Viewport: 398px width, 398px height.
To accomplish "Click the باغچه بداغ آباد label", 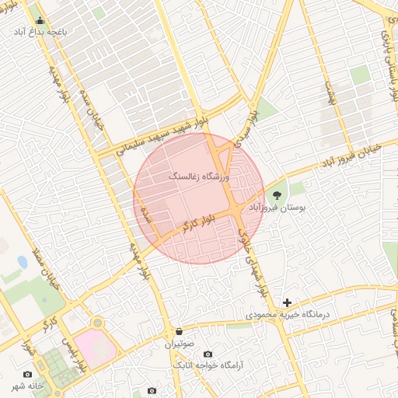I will coord(40,33).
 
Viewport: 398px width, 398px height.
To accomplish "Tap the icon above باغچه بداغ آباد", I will coord(40,21).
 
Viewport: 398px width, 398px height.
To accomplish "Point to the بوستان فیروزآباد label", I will coord(278,208).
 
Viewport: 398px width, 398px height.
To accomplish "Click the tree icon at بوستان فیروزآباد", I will coord(278,195).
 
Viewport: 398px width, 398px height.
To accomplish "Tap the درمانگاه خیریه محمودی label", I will coord(288,315).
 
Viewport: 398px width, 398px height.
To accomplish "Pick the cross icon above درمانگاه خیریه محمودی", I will coord(288,302).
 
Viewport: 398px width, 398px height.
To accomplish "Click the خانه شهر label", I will coord(27,386).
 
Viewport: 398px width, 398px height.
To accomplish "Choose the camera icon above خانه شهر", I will coord(28,374).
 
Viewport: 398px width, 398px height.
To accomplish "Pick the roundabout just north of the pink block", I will coord(98,322).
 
